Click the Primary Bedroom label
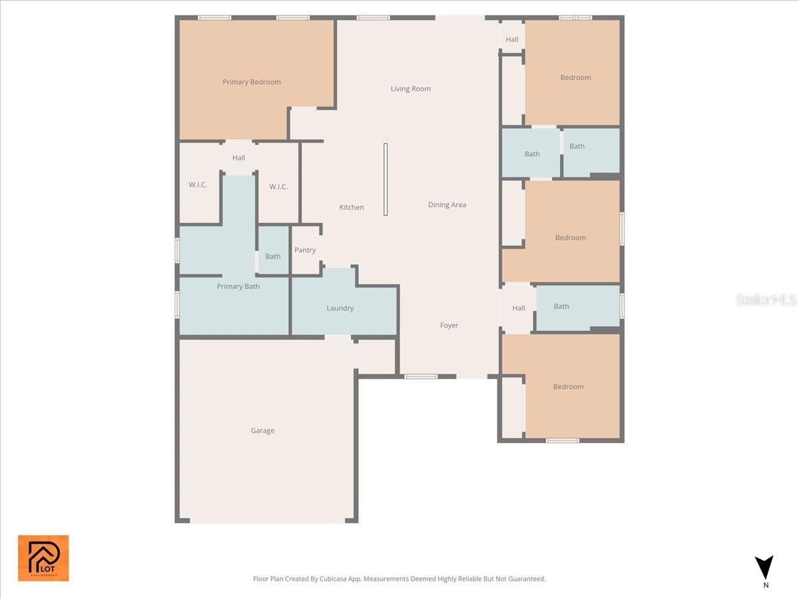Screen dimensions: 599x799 click(252, 82)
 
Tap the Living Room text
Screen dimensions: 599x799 click(410, 89)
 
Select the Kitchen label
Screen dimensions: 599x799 click(352, 208)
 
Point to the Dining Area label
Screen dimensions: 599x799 click(447, 205)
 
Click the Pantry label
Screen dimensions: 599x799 click(305, 250)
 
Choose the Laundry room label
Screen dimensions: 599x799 click(340, 308)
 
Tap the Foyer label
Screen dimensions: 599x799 click(449, 325)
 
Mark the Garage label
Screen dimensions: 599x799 click(262, 431)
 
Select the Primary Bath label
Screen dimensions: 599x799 click(238, 286)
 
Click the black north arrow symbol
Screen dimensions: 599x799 click(764, 567)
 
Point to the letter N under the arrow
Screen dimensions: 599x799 click(766, 586)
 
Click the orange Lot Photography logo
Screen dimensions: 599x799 click(43, 558)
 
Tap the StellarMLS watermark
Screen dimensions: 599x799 click(766, 300)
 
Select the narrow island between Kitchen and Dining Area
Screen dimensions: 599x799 click(386, 179)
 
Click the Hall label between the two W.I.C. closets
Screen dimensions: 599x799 click(238, 158)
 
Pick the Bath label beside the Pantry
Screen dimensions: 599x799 click(273, 256)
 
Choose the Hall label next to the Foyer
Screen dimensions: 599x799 click(519, 308)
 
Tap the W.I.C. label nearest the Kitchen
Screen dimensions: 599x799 click(278, 187)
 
